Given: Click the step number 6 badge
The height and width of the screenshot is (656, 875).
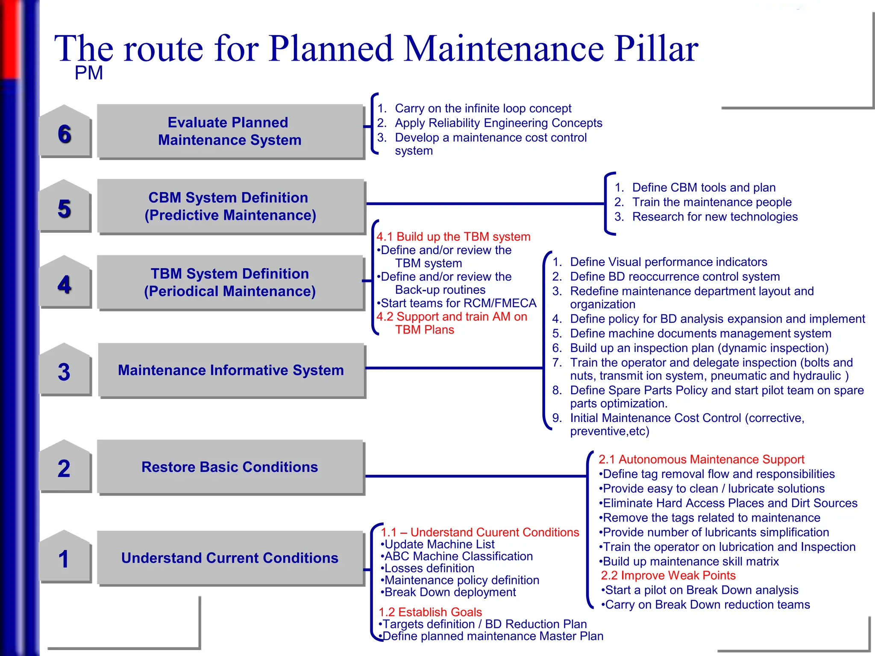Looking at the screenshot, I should (65, 134).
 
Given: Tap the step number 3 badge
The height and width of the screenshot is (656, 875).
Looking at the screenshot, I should (65, 372).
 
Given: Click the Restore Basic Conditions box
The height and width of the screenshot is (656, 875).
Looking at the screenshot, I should (230, 467).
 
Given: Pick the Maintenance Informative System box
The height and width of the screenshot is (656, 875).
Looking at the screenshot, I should (231, 370).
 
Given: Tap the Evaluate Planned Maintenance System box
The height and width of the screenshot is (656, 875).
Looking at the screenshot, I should (230, 131).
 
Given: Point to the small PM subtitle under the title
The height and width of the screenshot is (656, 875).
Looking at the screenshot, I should (88, 73).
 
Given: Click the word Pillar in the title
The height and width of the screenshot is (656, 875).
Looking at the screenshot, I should (656, 49).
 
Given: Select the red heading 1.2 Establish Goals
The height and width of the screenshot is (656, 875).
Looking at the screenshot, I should (430, 612).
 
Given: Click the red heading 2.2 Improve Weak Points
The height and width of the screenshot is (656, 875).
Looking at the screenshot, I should (668, 575).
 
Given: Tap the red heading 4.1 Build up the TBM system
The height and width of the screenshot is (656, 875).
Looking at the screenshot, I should (453, 237).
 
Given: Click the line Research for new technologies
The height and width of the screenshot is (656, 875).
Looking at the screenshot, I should (714, 217).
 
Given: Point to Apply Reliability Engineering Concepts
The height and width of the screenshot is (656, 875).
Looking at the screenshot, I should (498, 123).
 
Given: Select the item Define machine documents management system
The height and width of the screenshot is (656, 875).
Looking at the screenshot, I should (700, 333).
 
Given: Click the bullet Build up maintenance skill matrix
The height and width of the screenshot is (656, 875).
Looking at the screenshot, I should (690, 561).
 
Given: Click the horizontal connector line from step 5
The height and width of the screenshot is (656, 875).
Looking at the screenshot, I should (485, 204).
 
